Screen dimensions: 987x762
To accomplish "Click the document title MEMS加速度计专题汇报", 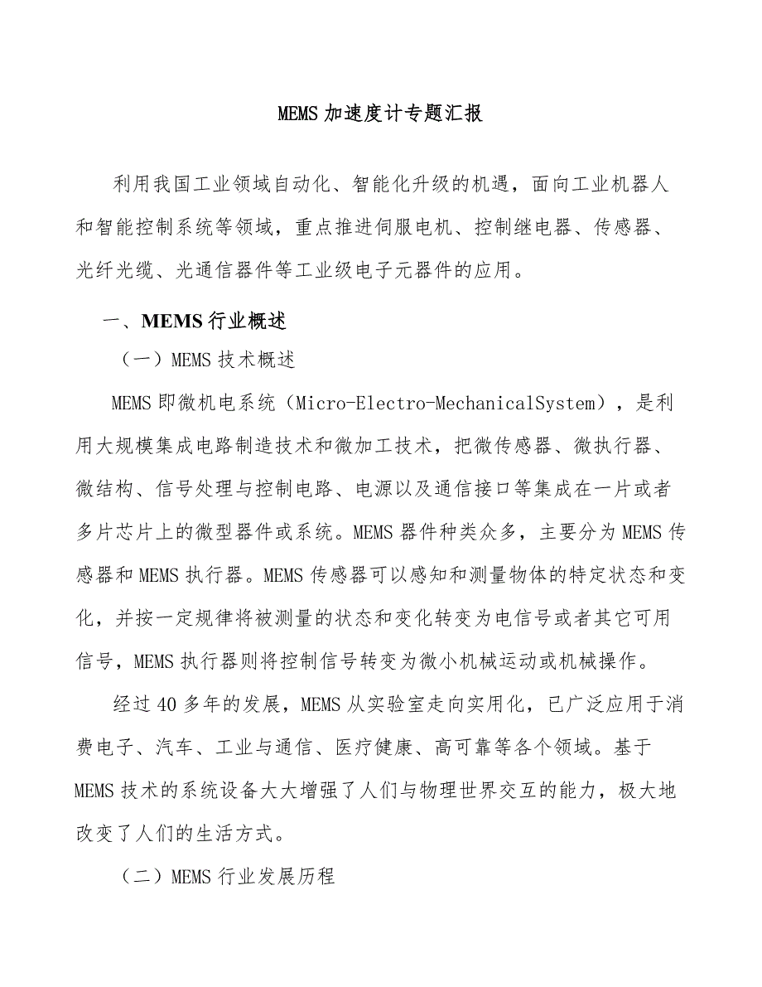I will point(380,114).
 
